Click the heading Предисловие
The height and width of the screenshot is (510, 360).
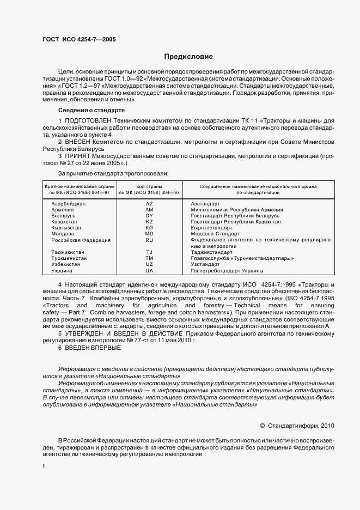tap(188, 57)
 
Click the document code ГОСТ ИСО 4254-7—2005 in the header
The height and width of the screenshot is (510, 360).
tap(79, 40)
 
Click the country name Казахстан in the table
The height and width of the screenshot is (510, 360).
tap(64, 222)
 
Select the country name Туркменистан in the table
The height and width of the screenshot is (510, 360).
tap(69, 258)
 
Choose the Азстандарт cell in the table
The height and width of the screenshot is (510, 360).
tap(205, 203)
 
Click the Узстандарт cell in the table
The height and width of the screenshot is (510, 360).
tap(205, 264)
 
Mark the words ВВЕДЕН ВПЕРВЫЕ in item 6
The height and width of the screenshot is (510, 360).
tap(93, 347)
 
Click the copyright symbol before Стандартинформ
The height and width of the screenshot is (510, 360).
tap(263, 426)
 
